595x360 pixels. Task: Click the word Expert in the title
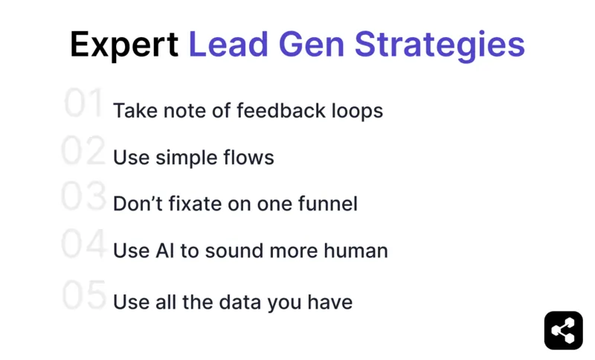coord(124,45)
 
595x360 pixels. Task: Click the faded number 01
coord(83,103)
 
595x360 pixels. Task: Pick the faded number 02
coord(83,151)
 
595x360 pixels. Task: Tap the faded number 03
coord(83,197)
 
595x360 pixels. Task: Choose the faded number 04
coord(83,245)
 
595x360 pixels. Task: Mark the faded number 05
coord(83,295)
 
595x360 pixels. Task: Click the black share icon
coord(564,330)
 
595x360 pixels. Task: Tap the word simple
coord(183,158)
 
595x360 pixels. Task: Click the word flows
coord(250,158)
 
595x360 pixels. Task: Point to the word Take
coord(132,111)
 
